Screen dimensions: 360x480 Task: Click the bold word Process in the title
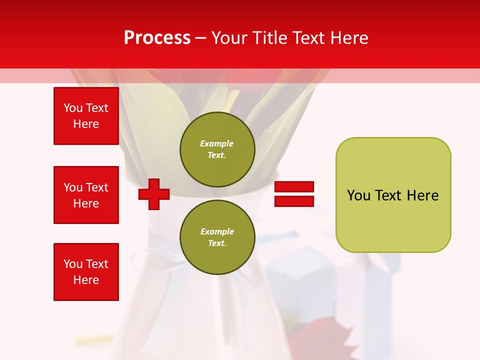[x=157, y=37]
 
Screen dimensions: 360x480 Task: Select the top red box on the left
[x=86, y=116]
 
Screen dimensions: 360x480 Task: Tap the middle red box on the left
[x=86, y=195]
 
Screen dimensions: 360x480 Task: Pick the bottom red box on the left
[x=86, y=272]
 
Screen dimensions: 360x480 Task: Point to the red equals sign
[x=294, y=194]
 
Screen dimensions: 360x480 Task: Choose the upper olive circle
[x=217, y=149]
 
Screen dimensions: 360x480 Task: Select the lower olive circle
[x=217, y=237]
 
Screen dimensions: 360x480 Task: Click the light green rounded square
[x=393, y=195]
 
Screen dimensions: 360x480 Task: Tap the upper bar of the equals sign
[x=294, y=186]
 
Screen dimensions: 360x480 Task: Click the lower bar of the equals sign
[x=294, y=201]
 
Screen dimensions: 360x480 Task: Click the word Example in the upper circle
[x=217, y=143]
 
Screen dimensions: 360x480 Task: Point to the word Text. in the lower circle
[x=217, y=243]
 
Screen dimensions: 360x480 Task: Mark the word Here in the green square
[x=422, y=195]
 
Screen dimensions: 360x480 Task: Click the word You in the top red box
[x=73, y=108]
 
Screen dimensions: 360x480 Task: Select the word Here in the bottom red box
[x=86, y=280]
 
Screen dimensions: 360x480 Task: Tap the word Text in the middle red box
[x=96, y=187]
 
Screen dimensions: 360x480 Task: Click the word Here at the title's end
[x=350, y=38]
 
